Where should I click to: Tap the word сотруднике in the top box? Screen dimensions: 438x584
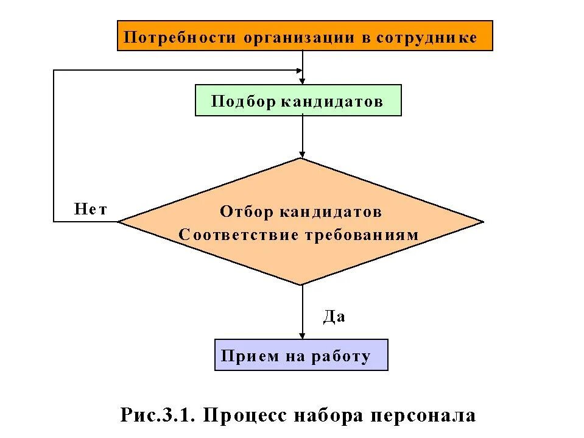426,38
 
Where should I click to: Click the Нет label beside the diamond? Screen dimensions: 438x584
91,210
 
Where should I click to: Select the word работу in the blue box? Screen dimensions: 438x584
341,356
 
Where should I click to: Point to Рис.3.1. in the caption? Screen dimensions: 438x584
158,415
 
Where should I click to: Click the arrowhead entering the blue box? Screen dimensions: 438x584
303,335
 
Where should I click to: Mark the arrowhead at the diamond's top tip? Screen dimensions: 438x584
303,154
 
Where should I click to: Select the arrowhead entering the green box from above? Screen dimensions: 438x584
303,80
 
